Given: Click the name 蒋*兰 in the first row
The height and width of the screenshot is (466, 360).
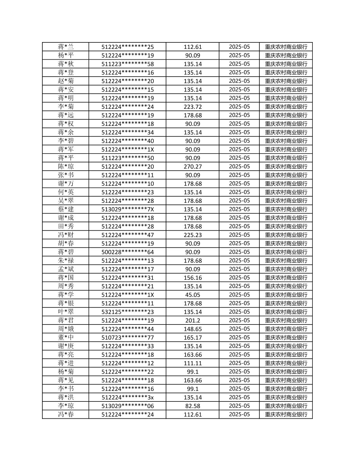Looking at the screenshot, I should click(66, 47).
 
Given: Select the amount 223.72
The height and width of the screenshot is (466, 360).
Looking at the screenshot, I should click(193, 107).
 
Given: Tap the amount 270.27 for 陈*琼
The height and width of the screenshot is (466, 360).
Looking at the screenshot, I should click(193, 167).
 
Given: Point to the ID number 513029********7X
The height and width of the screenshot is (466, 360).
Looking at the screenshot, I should click(127, 209).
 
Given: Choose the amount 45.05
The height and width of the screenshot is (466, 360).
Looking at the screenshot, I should click(193, 295).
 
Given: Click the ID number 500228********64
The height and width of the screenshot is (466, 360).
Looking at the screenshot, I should click(127, 252).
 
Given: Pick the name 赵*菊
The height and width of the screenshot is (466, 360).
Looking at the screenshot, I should click(66, 81).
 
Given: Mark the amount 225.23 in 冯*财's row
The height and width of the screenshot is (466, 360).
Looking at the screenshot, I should click(193, 235).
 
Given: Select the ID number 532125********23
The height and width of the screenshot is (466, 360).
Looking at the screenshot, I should click(127, 312).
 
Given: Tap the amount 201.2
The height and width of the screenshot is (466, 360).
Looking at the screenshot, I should click(193, 320).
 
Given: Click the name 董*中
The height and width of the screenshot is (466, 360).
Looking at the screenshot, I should click(66, 338).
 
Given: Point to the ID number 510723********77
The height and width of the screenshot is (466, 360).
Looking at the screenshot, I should click(127, 338).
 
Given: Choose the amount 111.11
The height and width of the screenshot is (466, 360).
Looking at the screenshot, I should click(193, 363).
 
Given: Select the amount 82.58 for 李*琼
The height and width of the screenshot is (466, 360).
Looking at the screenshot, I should click(193, 406).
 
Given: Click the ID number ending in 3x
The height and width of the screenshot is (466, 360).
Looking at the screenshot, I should click(127, 397).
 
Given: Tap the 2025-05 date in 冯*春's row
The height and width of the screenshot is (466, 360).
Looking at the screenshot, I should click(239, 414).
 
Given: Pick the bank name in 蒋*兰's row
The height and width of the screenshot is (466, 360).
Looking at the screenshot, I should click(286, 47).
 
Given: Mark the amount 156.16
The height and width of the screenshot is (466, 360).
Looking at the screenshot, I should click(193, 278).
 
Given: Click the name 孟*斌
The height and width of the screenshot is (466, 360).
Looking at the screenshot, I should click(66, 269).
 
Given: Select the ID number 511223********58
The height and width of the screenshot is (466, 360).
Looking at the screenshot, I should click(127, 64).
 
